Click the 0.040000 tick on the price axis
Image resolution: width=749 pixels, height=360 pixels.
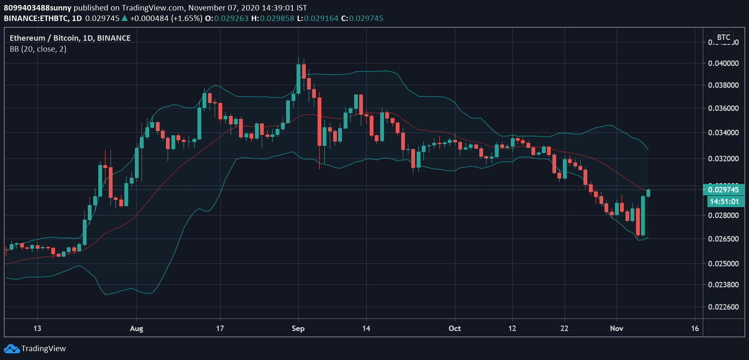723,63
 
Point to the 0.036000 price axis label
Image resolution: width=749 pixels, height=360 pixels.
723,108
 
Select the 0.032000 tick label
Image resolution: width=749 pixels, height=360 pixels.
723,159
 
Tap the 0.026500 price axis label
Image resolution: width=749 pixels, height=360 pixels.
723,239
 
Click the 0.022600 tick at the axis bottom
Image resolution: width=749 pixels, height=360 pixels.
723,307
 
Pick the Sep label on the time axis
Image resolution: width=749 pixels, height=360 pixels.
298,328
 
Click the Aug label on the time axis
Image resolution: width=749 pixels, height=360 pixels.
137,328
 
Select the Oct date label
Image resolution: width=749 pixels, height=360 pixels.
455,328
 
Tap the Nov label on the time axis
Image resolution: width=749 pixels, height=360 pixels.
616,328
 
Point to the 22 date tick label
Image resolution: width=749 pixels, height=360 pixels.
564,328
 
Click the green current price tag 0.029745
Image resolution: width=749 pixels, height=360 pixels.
723,190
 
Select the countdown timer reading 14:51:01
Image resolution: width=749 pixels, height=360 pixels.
724,202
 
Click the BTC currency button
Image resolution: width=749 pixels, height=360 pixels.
723,37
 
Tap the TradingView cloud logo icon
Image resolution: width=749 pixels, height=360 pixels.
12,349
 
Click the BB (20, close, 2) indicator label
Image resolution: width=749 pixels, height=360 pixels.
38,49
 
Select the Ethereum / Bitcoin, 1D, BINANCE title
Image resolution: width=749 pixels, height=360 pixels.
70,38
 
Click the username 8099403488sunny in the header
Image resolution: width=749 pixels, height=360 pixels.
38,8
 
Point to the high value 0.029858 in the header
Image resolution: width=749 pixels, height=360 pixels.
277,18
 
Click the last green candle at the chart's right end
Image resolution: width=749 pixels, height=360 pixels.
648,193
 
